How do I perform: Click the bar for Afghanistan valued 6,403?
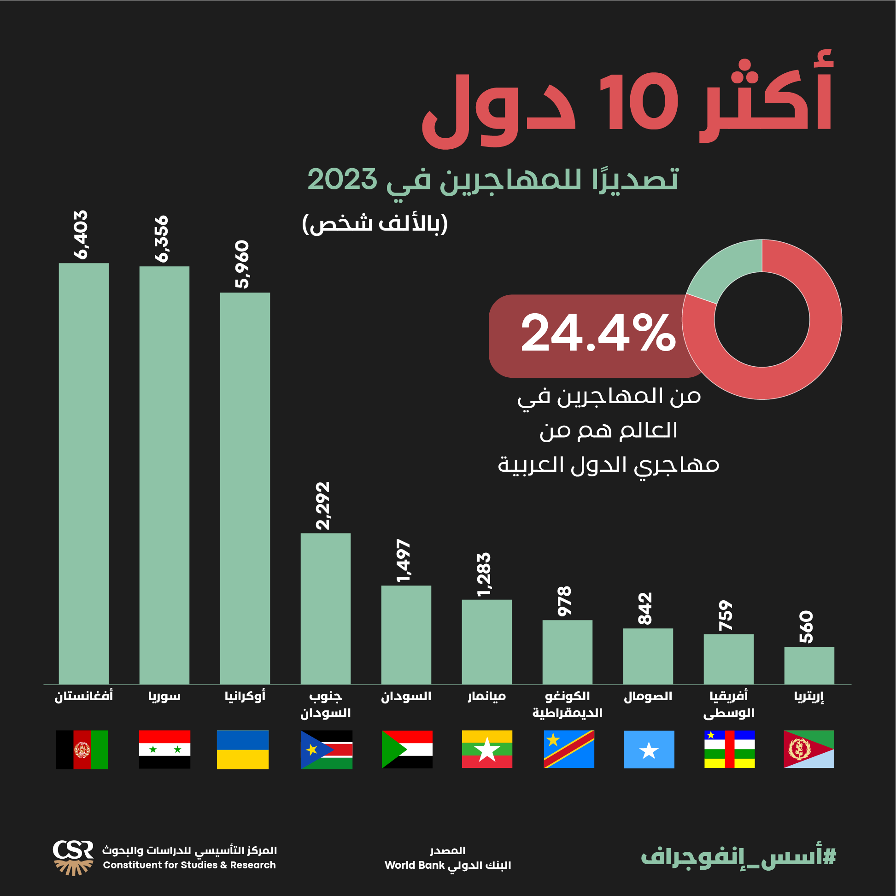pos(83,473)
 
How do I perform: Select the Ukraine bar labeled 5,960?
pos(245,488)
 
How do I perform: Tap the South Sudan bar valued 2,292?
pos(326,609)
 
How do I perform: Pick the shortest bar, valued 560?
pos(809,666)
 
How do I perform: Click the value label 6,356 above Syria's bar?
pos(162,239)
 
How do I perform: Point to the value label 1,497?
pos(404,561)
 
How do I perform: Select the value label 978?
pos(565,602)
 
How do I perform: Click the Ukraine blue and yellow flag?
pos(243,750)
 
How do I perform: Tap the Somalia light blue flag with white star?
pos(649,750)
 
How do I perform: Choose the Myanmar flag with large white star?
pos(487,750)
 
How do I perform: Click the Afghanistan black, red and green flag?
pos(82,750)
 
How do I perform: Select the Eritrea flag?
pos(809,750)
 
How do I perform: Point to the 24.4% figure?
pos(598,333)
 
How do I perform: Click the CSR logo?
pos(73,857)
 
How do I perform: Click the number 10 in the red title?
pos(639,102)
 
